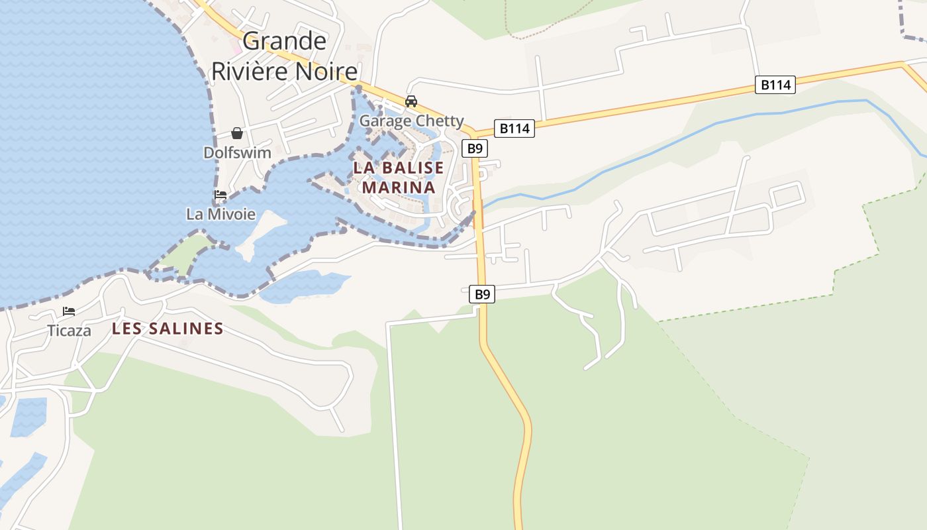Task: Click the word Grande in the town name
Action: coord(285,41)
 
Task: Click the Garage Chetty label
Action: coord(411,121)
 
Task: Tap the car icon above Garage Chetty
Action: coord(411,101)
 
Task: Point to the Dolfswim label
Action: coord(237,153)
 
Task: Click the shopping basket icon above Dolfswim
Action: coord(237,134)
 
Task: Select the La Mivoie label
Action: coord(220,214)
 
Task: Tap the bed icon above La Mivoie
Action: coord(220,195)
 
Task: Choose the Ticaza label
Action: coord(69,331)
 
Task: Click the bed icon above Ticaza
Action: coord(69,311)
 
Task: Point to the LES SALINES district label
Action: coord(168,329)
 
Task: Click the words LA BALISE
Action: coord(399,168)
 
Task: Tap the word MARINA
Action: coord(399,187)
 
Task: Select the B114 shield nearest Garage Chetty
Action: coord(514,129)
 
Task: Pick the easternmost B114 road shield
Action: coord(775,85)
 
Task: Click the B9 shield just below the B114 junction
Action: coord(475,148)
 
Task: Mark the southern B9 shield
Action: coord(482,294)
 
